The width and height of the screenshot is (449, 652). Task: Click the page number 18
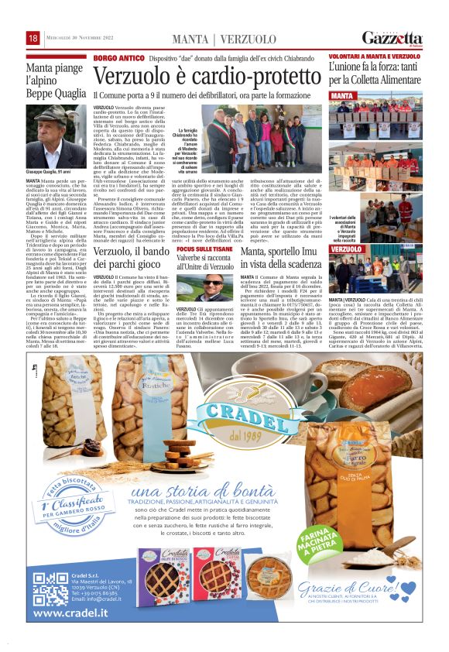33,39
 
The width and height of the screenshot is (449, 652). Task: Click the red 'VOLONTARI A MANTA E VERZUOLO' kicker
375,57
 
